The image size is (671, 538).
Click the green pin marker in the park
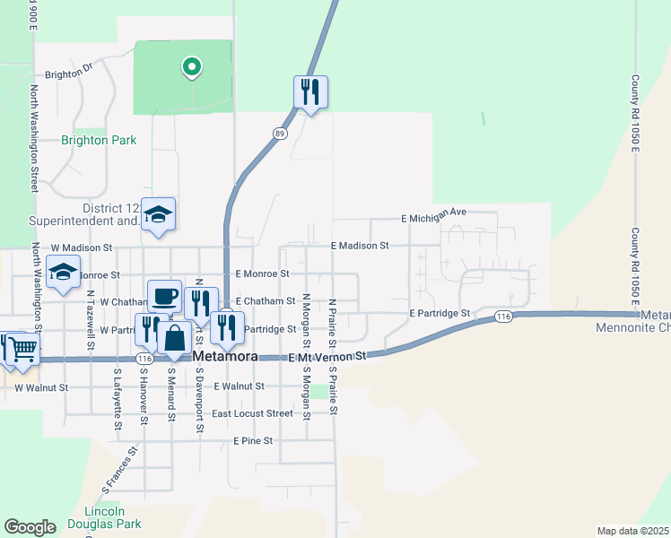190,66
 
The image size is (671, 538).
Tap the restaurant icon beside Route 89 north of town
310,91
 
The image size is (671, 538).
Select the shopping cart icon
22,349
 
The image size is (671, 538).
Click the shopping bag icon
174,339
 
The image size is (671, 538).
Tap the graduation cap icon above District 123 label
158,214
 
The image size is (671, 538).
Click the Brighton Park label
99,140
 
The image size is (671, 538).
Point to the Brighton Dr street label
69,74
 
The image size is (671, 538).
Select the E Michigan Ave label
434,216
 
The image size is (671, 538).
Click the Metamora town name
226,356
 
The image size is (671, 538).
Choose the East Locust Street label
252,413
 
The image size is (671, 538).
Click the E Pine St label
252,441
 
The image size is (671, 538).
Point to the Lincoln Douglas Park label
106,517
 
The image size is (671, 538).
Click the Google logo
30,527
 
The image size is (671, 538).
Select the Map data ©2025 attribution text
632,531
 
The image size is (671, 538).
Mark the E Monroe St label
262,273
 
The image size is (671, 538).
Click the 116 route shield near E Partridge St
503,317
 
